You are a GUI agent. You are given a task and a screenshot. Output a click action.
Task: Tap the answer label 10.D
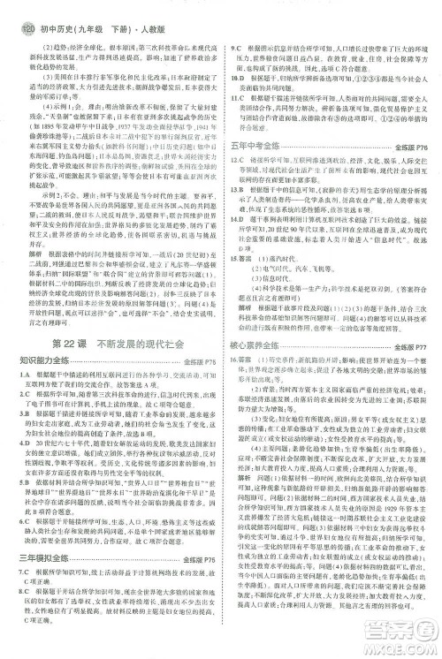239,78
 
